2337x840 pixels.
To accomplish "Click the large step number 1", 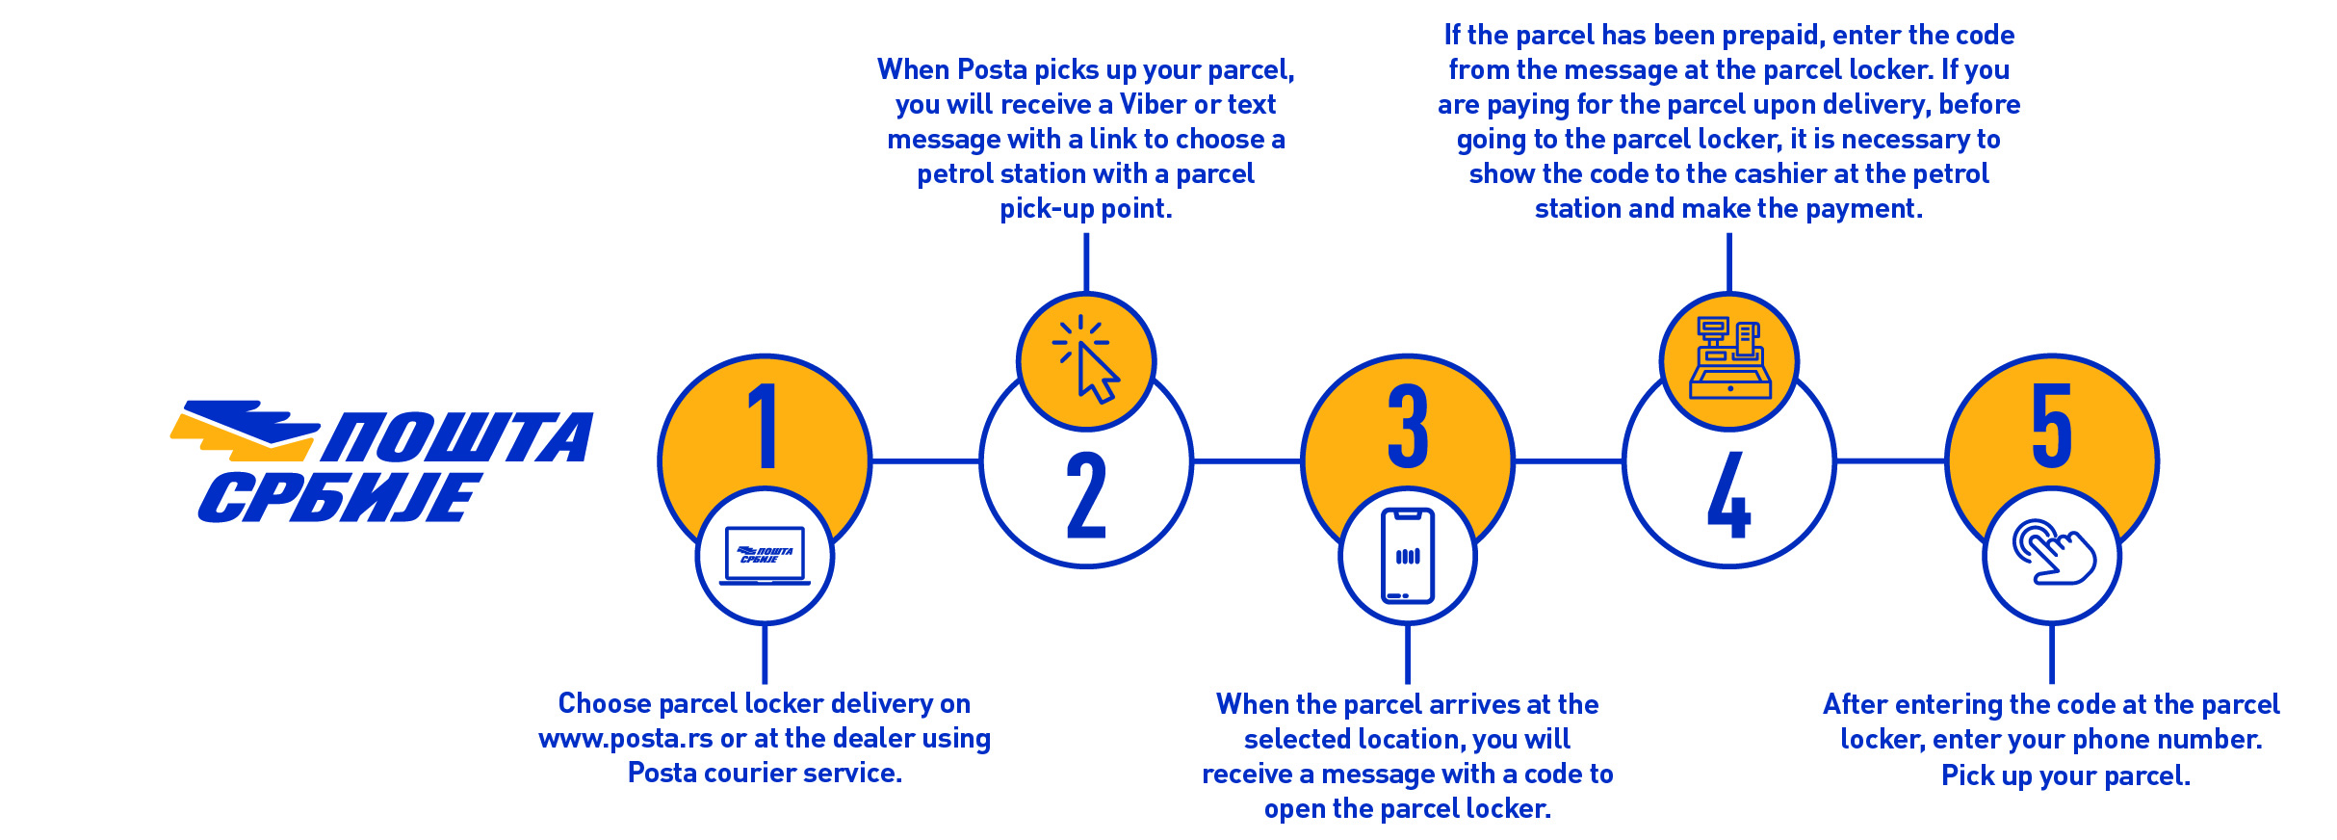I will point(765,425).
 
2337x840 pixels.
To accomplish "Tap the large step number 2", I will point(1086,495).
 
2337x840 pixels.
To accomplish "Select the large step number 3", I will point(1408,425).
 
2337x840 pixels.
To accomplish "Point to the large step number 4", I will point(1728,495).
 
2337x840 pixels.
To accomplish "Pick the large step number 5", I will point(2052,425).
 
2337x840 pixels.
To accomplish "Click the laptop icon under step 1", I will point(765,556).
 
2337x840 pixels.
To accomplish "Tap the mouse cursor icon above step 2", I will point(1086,361).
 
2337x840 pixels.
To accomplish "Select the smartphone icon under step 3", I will point(1408,556).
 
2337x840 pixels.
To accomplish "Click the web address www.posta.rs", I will point(626,739).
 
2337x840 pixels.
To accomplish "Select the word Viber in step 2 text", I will point(1154,104).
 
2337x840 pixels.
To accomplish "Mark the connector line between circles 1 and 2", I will point(925,461).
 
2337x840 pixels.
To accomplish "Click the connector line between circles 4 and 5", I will point(1890,461).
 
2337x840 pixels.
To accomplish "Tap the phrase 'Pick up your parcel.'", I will point(2065,775).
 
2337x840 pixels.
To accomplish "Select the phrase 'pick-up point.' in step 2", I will point(1086,209).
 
